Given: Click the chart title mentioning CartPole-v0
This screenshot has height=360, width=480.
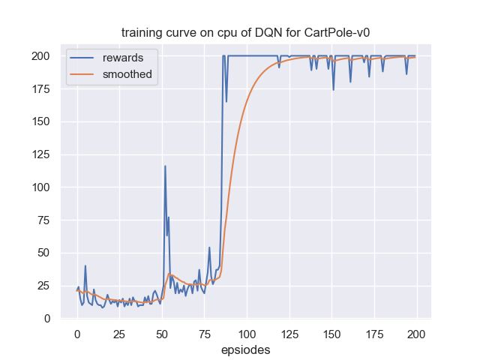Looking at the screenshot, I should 239,34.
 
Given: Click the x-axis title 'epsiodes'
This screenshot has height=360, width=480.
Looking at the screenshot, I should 246,349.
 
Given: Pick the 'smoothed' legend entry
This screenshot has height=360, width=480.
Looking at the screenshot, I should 127,74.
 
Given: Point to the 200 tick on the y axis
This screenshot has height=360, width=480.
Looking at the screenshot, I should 43,56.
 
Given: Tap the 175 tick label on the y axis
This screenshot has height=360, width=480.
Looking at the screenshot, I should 43,89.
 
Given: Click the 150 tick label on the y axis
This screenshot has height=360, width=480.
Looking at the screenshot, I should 43,121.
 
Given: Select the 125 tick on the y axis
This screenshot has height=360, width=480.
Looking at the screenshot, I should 43,154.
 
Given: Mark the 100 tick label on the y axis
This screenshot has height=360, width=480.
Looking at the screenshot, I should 43,187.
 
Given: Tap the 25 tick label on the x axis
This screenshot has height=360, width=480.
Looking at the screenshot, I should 119,334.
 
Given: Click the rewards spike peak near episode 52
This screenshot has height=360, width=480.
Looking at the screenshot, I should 165,166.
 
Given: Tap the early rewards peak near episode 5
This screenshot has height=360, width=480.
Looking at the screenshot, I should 85,266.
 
